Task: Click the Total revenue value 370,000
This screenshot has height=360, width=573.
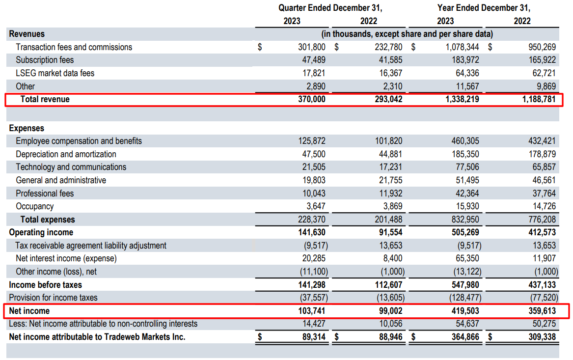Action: coord(311,99)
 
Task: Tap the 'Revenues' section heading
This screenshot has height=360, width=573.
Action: coord(27,34)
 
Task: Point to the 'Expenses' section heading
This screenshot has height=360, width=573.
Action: coord(27,128)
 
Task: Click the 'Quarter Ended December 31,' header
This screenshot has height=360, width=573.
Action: coord(330,8)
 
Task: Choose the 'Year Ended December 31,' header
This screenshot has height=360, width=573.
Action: coord(484,8)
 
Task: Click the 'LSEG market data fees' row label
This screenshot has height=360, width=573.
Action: coord(55,73)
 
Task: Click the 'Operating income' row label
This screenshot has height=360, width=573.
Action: coord(41,232)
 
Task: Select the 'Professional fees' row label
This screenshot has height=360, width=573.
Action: coord(45,194)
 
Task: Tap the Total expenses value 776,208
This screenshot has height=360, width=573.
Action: coord(544,220)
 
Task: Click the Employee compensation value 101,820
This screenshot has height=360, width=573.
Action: coord(389,141)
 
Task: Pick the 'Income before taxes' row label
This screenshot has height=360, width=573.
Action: coord(46,285)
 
